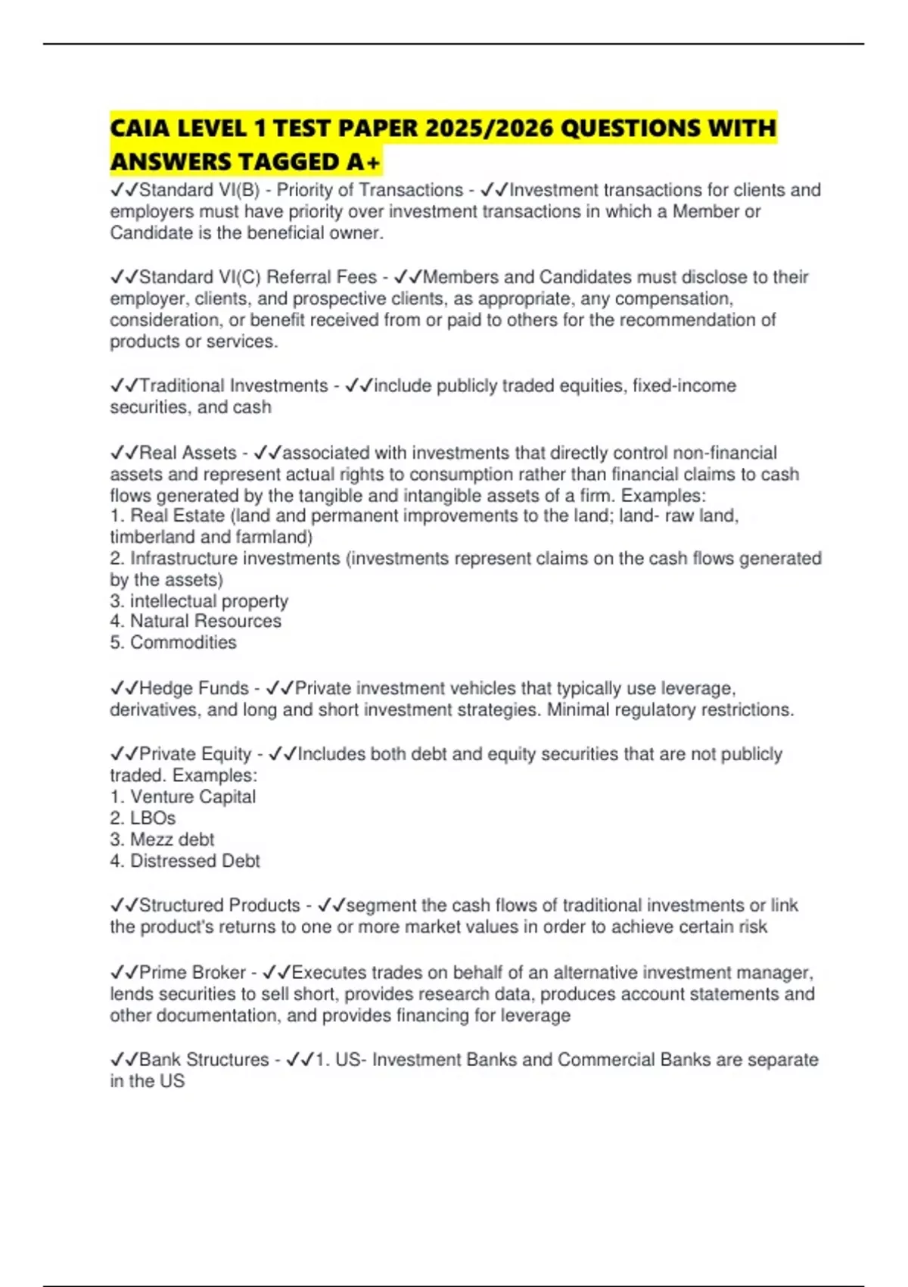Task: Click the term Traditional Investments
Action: [233, 386]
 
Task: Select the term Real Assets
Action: [188, 453]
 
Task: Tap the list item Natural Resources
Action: [205, 622]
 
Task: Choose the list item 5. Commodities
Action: [173, 643]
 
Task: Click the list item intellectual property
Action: [209, 601]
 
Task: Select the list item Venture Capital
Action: [192, 797]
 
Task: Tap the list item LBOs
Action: [152, 818]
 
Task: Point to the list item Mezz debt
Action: [172, 840]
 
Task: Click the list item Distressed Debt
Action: [194, 861]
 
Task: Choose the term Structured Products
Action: [219, 905]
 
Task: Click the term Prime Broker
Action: [192, 973]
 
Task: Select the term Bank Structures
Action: [204, 1060]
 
